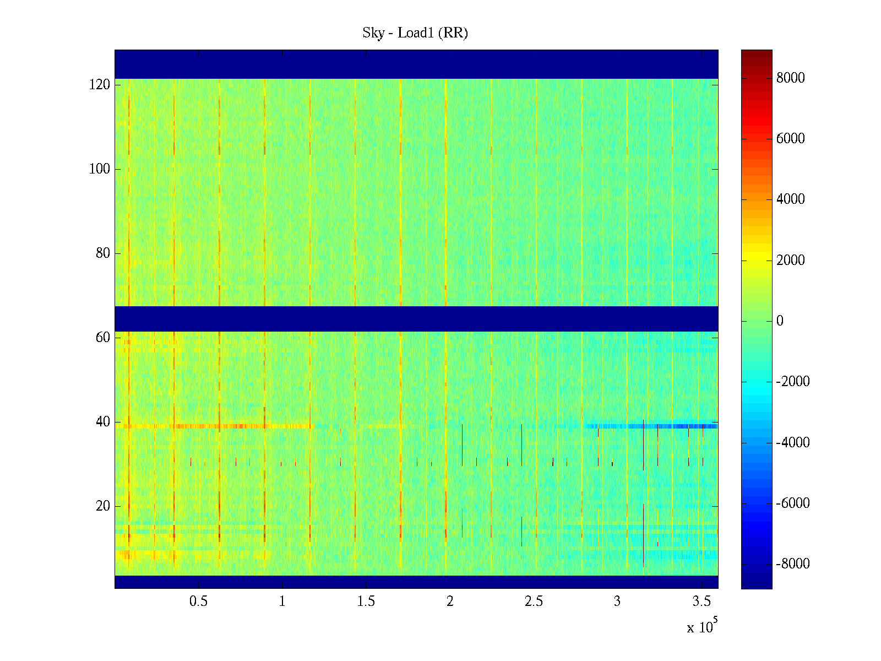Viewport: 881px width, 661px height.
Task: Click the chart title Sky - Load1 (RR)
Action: tap(415, 33)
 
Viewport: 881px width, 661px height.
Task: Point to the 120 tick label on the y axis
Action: tap(100, 85)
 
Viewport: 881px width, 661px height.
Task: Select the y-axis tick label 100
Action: tap(100, 169)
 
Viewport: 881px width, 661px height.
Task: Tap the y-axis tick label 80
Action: tap(103, 253)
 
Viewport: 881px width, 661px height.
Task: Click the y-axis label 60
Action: tap(103, 338)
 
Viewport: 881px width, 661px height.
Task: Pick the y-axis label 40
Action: tap(103, 422)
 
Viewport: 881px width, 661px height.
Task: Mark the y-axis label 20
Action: tap(103, 506)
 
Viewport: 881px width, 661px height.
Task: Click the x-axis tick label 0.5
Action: tap(198, 602)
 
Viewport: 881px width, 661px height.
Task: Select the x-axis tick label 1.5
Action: tap(366, 602)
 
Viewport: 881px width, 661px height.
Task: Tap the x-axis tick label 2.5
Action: tap(534, 602)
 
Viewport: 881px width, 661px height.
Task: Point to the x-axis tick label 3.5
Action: tap(701, 602)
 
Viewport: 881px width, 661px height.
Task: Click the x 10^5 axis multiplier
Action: tap(702, 627)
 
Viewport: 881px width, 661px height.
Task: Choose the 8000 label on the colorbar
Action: tap(791, 78)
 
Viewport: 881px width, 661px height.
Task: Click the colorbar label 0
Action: tap(780, 321)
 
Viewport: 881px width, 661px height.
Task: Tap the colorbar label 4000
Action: tap(791, 199)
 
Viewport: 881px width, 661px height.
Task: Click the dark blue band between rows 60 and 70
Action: tap(416, 318)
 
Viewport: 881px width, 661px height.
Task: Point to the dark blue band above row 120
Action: tap(416, 64)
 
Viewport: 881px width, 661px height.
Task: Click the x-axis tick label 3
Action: tap(617, 602)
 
